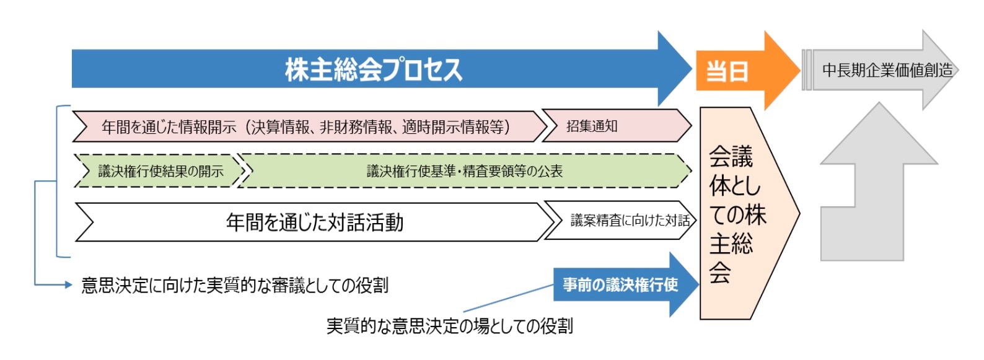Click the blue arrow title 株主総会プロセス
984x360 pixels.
point(374,69)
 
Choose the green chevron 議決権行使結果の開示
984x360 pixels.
point(160,171)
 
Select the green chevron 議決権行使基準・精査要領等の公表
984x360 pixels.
point(464,171)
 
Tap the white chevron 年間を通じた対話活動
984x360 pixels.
point(314,222)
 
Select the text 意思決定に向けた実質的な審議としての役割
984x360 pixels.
point(235,285)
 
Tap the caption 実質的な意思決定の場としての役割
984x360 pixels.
point(449,326)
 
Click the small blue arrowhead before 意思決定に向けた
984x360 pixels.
point(68,285)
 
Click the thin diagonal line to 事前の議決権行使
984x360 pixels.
point(508,298)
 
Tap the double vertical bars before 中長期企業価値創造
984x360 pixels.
point(806,70)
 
